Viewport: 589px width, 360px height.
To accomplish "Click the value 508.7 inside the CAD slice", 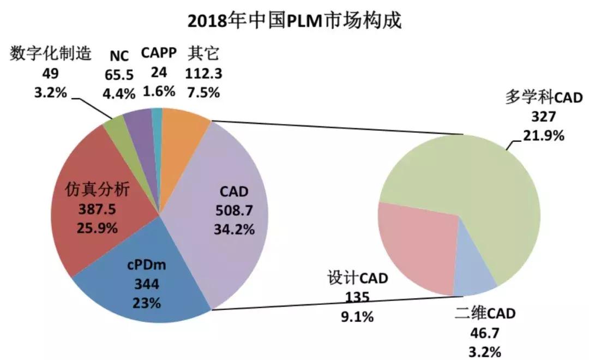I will tap(233, 210).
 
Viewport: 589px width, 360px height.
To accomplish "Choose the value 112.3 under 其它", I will tap(203, 73).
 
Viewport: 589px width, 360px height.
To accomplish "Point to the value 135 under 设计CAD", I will tap(357, 297).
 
